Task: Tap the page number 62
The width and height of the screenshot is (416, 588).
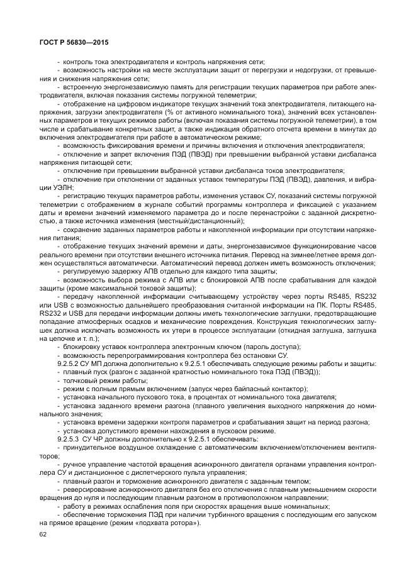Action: pyautogui.click(x=43, y=535)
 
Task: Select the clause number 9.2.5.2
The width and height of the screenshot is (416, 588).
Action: pyautogui.click(x=69, y=364)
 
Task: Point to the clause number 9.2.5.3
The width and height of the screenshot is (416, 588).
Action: pyautogui.click(x=69, y=438)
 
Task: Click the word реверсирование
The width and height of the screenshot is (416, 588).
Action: pyautogui.click(x=88, y=489)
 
